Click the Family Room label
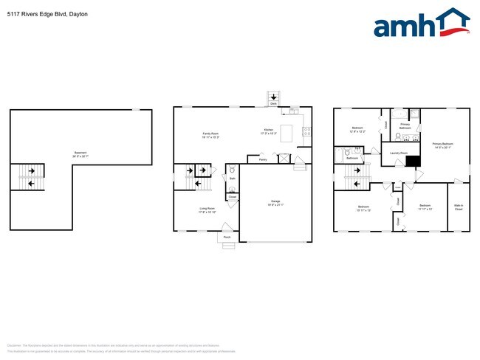click(x=211, y=134)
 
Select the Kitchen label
click(x=269, y=133)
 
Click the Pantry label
click(x=263, y=159)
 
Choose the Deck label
click(x=273, y=105)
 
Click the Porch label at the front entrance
click(x=227, y=237)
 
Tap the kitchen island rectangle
click(x=287, y=133)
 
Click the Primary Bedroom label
click(x=442, y=145)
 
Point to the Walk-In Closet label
click(x=459, y=208)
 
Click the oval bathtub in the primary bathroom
click(x=398, y=114)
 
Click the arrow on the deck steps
click(x=273, y=97)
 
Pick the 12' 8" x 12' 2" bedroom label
click(x=357, y=129)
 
